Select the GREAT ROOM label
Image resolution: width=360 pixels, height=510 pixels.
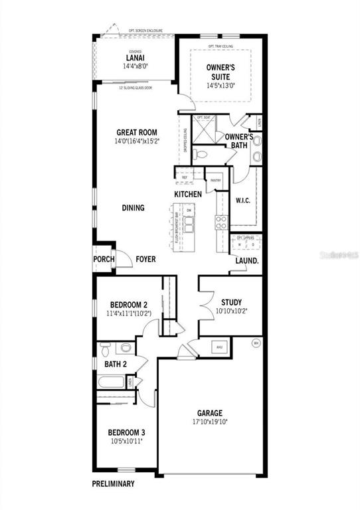click(x=136, y=132)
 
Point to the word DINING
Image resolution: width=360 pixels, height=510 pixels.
click(x=133, y=208)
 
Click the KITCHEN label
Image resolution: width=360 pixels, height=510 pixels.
click(x=188, y=194)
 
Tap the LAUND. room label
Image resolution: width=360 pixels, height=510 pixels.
click(x=247, y=261)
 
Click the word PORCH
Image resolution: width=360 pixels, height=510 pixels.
click(x=104, y=260)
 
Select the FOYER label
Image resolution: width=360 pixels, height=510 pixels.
click(x=145, y=260)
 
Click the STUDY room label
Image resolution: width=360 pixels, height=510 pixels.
click(x=231, y=302)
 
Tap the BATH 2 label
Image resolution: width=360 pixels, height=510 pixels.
click(x=116, y=364)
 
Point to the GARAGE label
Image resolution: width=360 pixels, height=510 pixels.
click(x=209, y=412)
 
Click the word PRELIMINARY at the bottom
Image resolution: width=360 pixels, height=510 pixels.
click(x=114, y=484)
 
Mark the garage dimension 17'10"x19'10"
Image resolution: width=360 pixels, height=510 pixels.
click(x=209, y=421)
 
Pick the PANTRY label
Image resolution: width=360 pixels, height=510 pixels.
click(x=215, y=180)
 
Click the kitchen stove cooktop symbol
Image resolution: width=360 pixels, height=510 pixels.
click(x=221, y=222)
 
